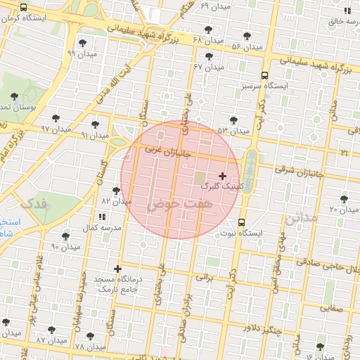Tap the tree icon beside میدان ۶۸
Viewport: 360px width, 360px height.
tap(207, 30)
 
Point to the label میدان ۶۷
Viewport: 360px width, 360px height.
tap(209, 67)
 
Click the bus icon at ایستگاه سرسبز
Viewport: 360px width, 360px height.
tap(264, 75)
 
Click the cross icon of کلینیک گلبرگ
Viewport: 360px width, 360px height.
tap(223, 175)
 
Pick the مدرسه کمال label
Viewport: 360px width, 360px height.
tap(102, 228)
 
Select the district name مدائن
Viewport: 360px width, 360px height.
tap(302, 219)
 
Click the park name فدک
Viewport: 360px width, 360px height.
tap(34, 204)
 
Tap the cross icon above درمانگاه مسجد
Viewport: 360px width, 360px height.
tap(117, 269)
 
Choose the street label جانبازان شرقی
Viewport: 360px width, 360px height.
tap(300, 170)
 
